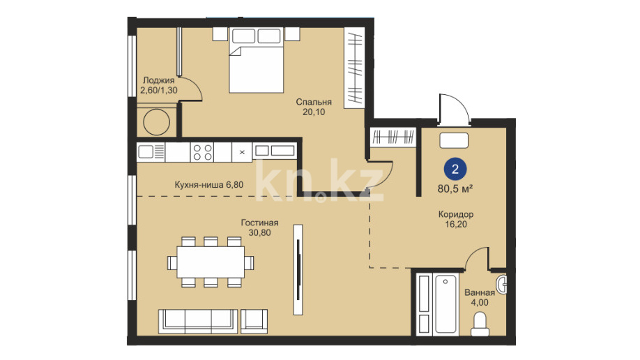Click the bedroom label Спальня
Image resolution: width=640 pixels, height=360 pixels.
pyautogui.click(x=314, y=102)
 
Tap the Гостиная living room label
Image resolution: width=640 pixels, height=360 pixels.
pyautogui.click(x=259, y=223)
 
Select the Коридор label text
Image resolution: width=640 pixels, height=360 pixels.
pyautogui.click(x=456, y=214)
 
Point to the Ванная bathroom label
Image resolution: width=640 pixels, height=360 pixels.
pyautogui.click(x=480, y=292)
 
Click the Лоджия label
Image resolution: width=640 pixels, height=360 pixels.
pyautogui.click(x=159, y=80)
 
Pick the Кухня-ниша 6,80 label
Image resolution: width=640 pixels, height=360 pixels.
pyautogui.click(x=209, y=185)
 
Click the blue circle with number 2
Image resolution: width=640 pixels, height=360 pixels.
pyautogui.click(x=455, y=169)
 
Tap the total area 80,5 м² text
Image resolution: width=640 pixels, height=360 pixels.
pyautogui.click(x=455, y=189)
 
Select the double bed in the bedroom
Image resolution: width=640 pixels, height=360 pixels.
pyautogui.click(x=257, y=60)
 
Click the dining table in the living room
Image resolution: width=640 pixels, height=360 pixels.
pyautogui.click(x=211, y=262)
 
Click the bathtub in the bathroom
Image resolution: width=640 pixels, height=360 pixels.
pyautogui.click(x=445, y=304)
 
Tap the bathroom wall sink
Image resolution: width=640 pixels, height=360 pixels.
pyautogui.click(x=502, y=283)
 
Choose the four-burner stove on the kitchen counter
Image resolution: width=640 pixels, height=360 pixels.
pyautogui.click(x=202, y=152)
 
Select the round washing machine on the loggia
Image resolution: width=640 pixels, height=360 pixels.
pyautogui.click(x=156, y=122)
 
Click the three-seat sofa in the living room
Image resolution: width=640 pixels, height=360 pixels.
pyautogui.click(x=198, y=321)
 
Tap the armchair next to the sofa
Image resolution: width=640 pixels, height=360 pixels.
pyautogui.click(x=254, y=321)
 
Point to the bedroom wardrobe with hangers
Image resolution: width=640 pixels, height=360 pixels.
pyautogui.click(x=354, y=68)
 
